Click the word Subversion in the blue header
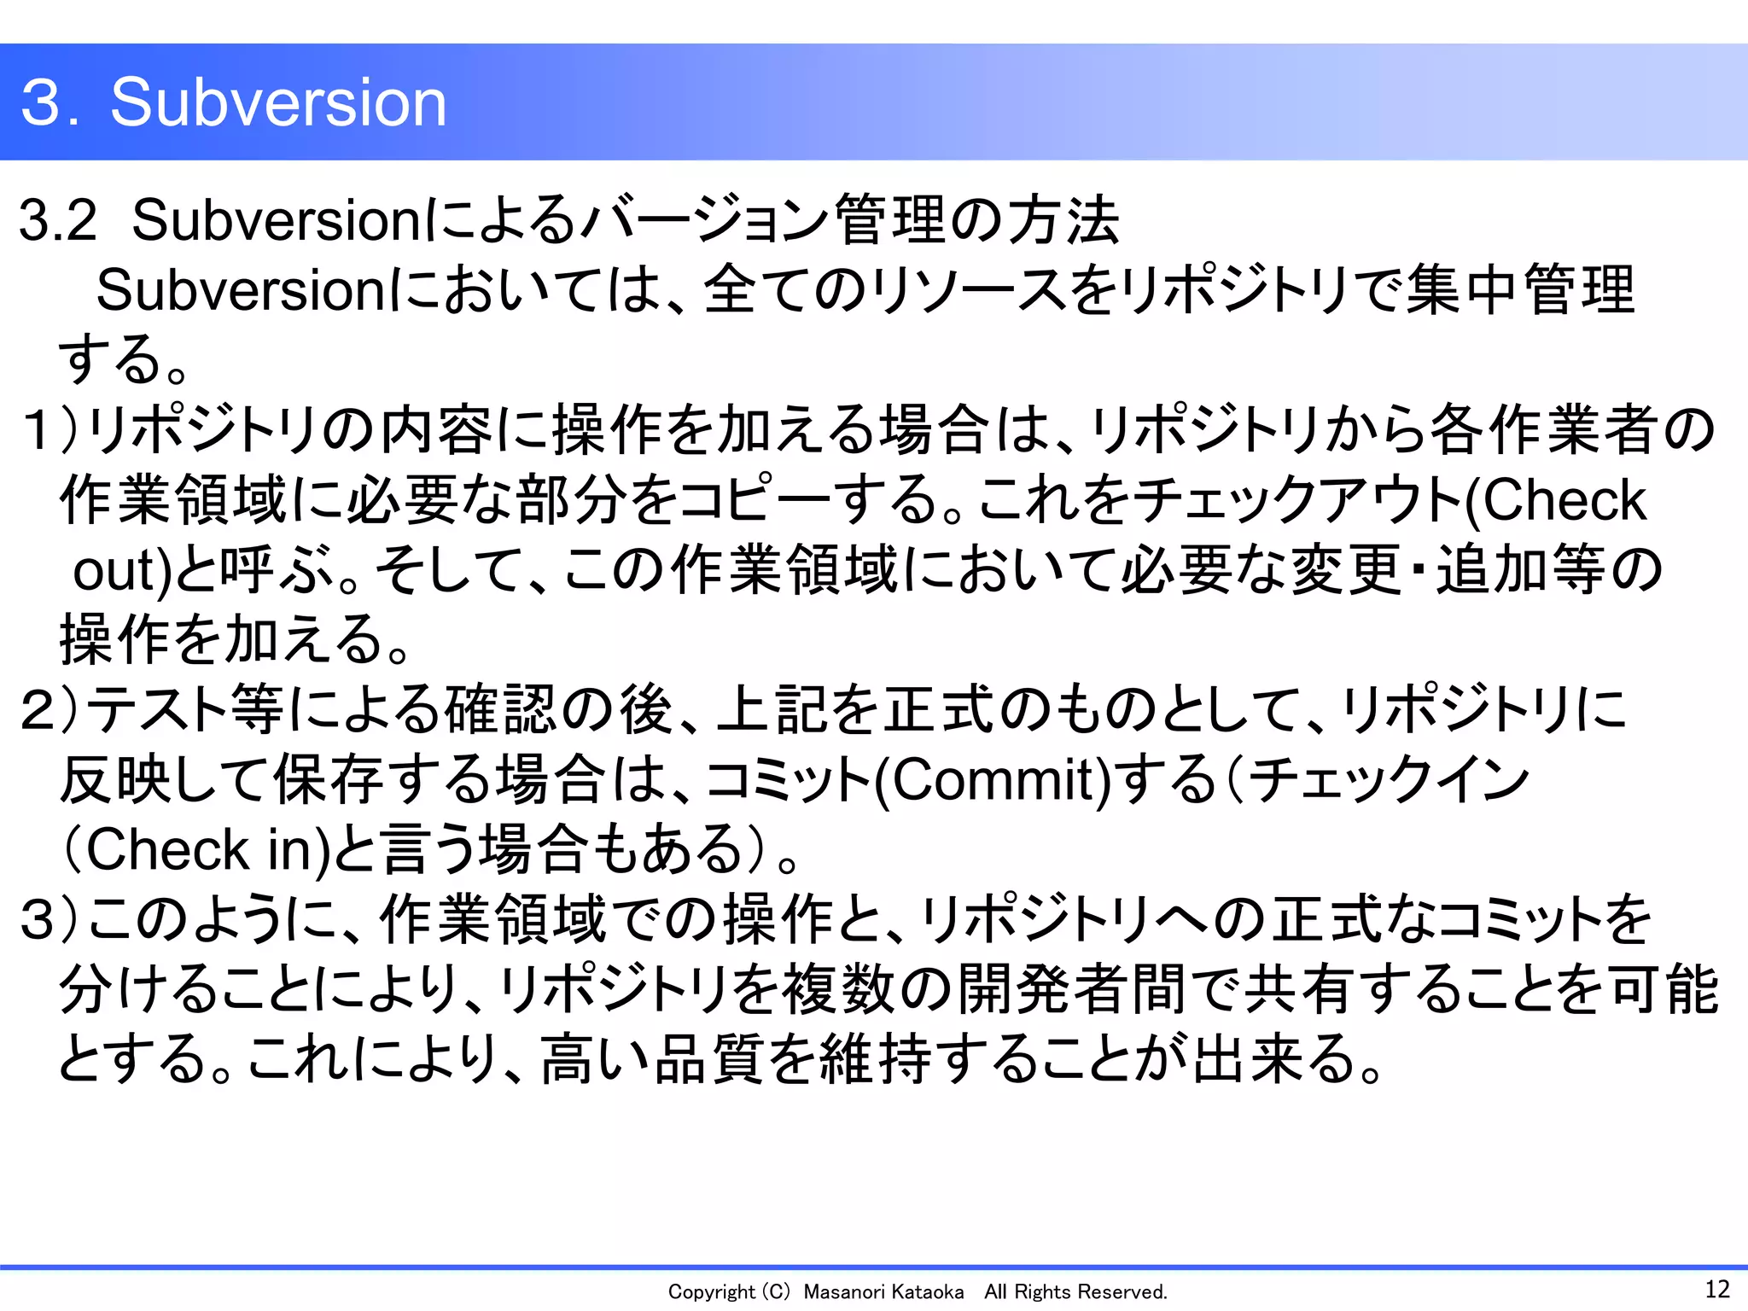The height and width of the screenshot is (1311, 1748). click(x=278, y=102)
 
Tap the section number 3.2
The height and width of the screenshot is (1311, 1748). click(x=58, y=220)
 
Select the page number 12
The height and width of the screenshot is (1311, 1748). click(x=1716, y=1288)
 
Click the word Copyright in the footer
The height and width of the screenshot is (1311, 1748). click(x=711, y=1292)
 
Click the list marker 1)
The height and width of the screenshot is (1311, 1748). click(x=50, y=429)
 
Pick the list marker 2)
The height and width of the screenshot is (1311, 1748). click(x=50, y=710)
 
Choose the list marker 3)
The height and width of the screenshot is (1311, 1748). click(x=50, y=920)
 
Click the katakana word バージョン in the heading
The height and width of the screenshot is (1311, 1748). click(x=704, y=220)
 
